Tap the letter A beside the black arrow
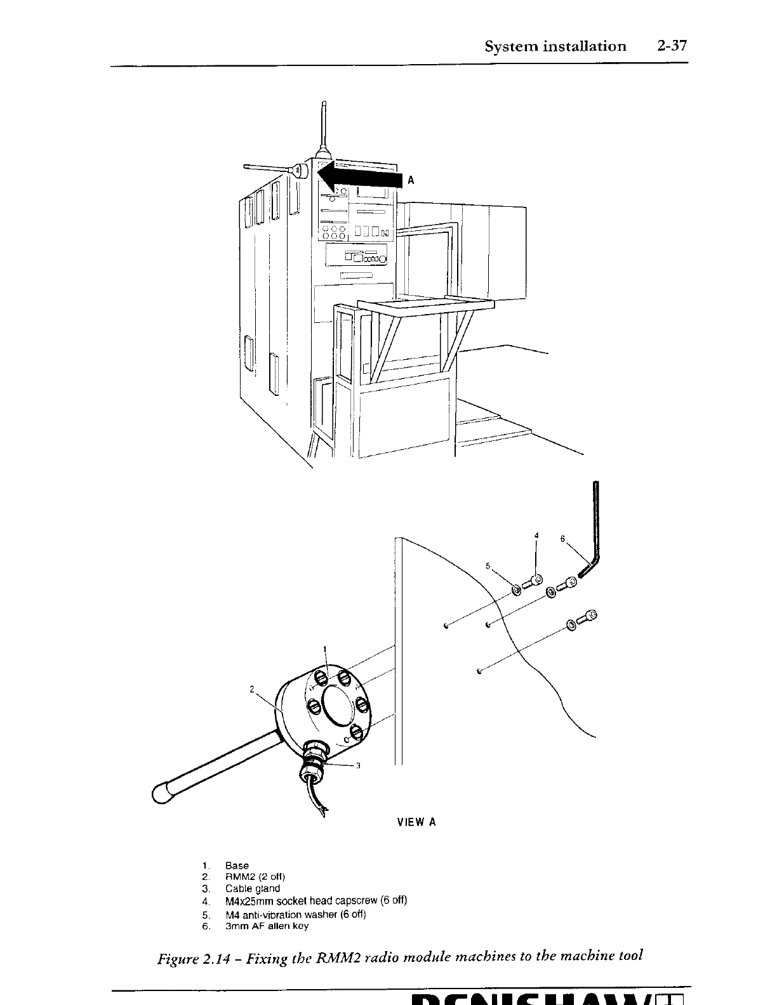tap(411, 181)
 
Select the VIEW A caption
tap(416, 822)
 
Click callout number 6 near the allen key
tap(562, 539)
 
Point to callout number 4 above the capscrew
tap(536, 535)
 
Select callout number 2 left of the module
tap(252, 689)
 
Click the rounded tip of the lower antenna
tap(163, 794)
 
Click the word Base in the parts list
tap(237, 865)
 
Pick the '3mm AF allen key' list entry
tap(267, 926)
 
